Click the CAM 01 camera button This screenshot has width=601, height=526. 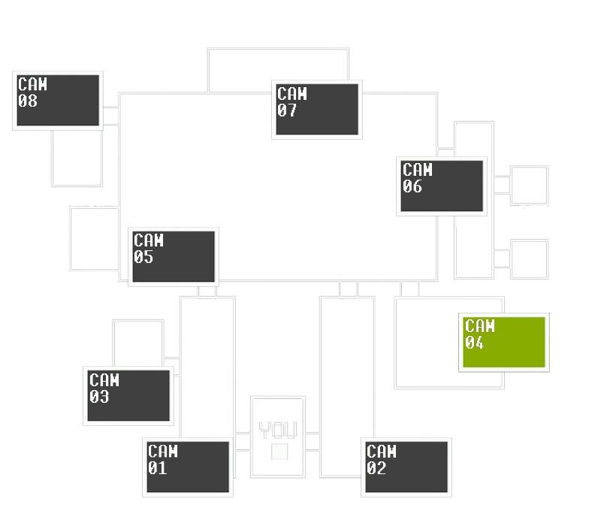coord(188,466)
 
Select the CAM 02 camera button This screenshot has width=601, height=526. coord(407,466)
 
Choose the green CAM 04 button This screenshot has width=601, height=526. coord(503,342)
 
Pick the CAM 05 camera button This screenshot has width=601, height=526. coord(174,256)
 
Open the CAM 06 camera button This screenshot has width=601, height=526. coord(442,185)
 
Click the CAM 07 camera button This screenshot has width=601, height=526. coord(317,109)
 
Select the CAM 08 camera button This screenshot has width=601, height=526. coord(59,100)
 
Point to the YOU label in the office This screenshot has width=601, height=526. coord(278,431)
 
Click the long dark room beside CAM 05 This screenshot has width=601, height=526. coord(328,249)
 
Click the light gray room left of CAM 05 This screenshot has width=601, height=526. coord(93,238)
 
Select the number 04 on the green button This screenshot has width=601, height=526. coord(475,343)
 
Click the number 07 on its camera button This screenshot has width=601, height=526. coord(287,110)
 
